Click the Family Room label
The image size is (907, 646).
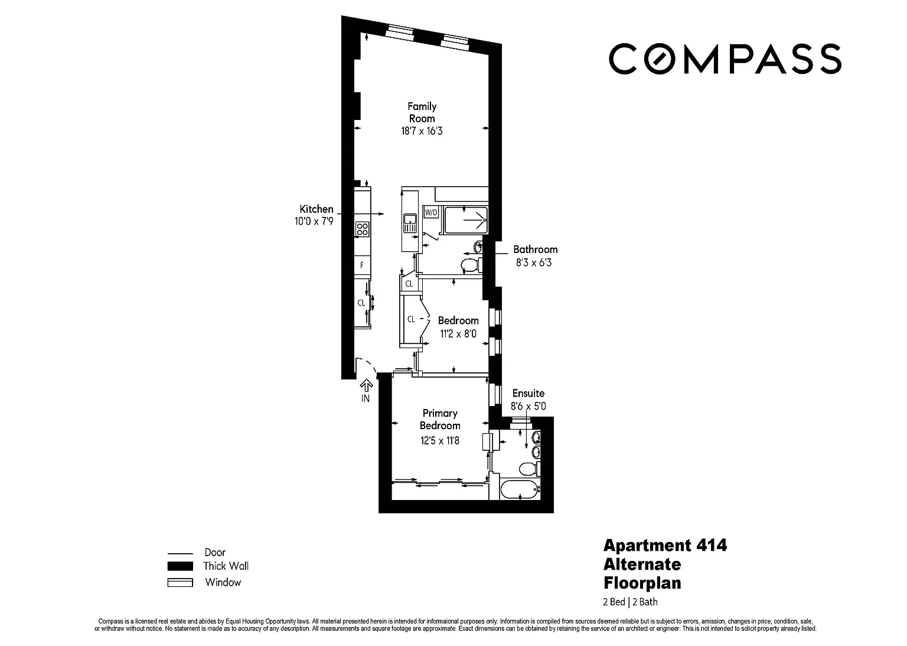click(422, 112)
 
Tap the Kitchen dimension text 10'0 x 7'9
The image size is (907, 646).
click(314, 221)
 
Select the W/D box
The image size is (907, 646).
click(431, 212)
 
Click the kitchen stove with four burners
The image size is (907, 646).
click(363, 229)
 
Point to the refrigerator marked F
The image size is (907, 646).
click(363, 265)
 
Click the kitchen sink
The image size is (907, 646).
click(410, 223)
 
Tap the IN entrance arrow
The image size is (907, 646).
click(366, 385)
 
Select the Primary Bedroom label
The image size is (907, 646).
click(440, 419)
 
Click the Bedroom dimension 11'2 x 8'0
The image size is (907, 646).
click(458, 334)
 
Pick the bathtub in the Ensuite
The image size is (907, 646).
click(520, 489)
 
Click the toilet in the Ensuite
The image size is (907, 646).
click(529, 469)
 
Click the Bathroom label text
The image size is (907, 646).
click(536, 249)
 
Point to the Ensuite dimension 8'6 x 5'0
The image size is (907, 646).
click(528, 406)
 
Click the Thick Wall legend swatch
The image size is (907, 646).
click(180, 566)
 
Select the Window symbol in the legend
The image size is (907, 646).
click(180, 582)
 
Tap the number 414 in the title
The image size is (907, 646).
click(712, 546)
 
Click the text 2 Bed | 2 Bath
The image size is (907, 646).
click(630, 602)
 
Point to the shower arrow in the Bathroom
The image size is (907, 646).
click(475, 220)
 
